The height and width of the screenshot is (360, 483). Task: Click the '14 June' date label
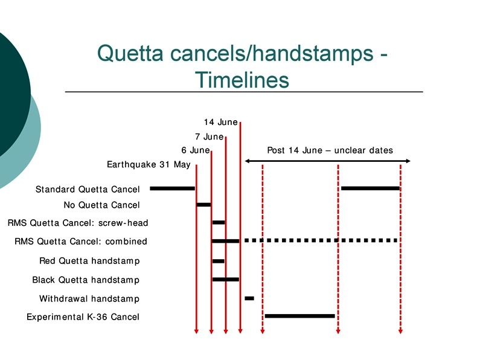[x=220, y=123]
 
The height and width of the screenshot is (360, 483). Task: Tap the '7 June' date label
[x=209, y=137]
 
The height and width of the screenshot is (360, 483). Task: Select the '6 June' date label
[x=195, y=150]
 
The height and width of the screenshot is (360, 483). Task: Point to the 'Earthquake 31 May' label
[x=149, y=165]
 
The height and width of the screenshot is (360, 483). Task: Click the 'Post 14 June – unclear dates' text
[x=330, y=150]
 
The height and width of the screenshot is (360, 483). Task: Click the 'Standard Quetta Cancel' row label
[x=88, y=190]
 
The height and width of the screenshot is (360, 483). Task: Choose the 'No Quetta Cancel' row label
[x=101, y=205]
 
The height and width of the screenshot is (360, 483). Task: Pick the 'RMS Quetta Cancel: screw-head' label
[x=78, y=223]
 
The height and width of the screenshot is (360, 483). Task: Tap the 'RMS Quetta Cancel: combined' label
[x=81, y=242]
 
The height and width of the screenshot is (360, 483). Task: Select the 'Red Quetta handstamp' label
[x=89, y=261]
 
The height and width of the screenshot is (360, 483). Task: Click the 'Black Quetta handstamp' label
[x=86, y=280]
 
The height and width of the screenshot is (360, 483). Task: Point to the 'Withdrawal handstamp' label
[x=89, y=299]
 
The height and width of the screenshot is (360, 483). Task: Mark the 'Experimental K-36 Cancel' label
[x=83, y=317]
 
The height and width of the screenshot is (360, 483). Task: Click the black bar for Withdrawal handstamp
[x=249, y=298]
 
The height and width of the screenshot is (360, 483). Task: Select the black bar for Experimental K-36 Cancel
[x=299, y=316]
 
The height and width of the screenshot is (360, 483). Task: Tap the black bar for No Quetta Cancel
[x=203, y=205]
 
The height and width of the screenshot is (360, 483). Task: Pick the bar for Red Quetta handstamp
[x=218, y=261]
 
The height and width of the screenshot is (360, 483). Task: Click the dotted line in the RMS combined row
[x=320, y=240]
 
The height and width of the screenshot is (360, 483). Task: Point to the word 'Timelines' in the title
[x=241, y=79]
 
